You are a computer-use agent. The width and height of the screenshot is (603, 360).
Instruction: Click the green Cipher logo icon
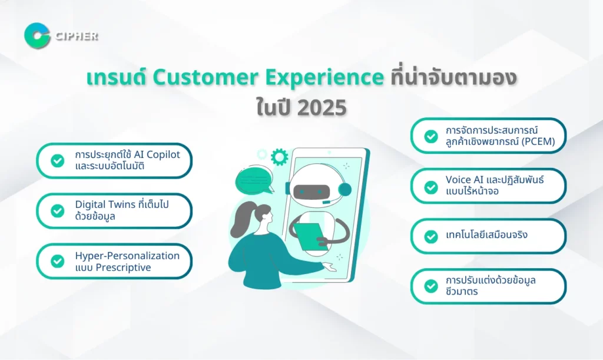pyautogui.click(x=37, y=36)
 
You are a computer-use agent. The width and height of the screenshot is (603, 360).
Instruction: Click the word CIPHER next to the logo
pyautogui.click(x=77, y=36)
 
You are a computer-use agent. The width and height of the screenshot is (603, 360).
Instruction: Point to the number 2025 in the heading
pyautogui.click(x=322, y=108)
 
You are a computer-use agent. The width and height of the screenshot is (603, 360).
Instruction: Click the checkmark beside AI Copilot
pyautogui.click(x=58, y=160)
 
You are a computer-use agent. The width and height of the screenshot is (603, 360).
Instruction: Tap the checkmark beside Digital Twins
pyautogui.click(x=58, y=211)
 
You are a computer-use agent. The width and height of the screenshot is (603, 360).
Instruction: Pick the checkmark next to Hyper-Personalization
pyautogui.click(x=58, y=261)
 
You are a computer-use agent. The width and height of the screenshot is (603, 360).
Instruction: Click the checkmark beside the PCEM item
pyautogui.click(x=430, y=136)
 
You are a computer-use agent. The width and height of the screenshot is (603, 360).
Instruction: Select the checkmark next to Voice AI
pyautogui.click(x=430, y=187)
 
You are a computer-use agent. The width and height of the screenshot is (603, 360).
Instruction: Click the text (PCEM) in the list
pyautogui.click(x=538, y=141)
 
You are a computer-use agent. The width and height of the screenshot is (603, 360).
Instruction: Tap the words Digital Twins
pyautogui.click(x=105, y=204)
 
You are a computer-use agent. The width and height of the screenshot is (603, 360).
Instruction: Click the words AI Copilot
pyautogui.click(x=157, y=154)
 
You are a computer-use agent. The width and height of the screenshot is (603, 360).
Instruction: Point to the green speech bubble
pyautogui.click(x=254, y=180)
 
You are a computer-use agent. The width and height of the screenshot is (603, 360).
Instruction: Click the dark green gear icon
pyautogui.click(x=279, y=157)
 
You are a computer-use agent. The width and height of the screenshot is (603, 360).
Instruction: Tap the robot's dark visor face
pyautogui.click(x=312, y=191)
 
